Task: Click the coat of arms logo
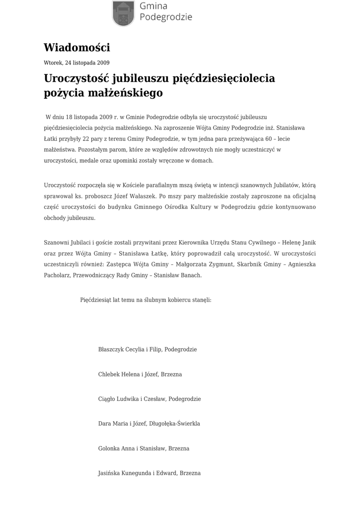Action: point(123,13)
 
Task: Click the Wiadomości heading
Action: point(76,48)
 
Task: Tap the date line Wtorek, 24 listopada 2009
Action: point(76,63)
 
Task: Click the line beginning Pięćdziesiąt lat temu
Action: point(145,300)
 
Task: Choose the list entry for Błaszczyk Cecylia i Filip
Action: point(147,349)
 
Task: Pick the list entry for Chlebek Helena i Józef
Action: point(140,374)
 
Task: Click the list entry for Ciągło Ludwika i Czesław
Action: point(149,399)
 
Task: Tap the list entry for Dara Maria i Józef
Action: point(149,424)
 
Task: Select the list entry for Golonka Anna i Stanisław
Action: point(144,448)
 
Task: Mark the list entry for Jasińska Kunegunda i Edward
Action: point(149,473)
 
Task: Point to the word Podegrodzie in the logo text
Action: point(166,17)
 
